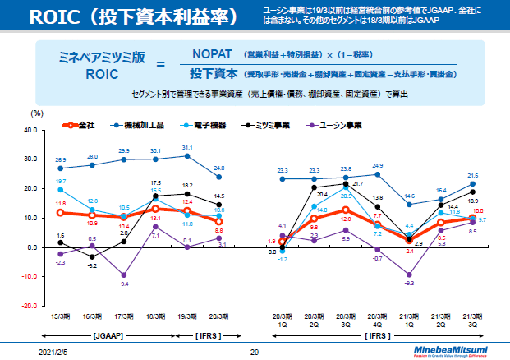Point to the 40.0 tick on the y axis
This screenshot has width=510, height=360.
(30, 130)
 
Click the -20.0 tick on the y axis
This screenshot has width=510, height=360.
(30, 305)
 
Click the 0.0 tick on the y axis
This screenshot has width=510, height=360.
(33, 247)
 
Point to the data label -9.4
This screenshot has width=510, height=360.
(123, 284)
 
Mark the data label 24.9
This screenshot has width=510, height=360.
(378, 165)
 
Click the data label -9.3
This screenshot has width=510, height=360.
(410, 284)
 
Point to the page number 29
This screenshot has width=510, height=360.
(255, 351)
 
